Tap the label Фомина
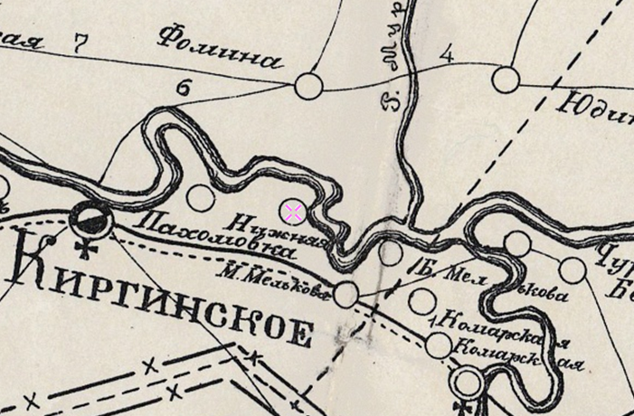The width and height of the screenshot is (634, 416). coord(220,49)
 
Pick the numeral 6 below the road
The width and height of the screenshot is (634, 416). coord(185,88)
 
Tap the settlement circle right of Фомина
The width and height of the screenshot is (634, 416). coord(309,86)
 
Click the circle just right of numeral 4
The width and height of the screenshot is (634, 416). coord(506,80)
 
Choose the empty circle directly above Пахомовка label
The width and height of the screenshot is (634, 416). coord(200,197)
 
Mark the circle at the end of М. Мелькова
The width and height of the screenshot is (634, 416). coord(346,292)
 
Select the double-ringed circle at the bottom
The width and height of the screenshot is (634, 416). coord(467,383)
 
